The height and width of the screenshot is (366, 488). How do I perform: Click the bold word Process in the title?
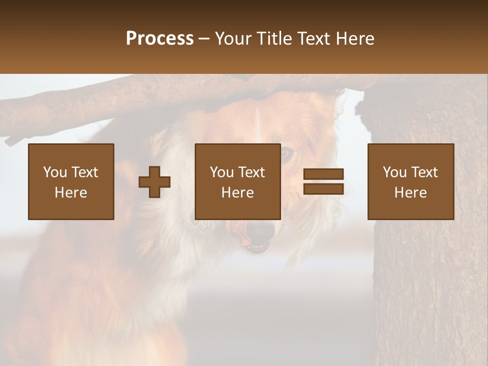[x=160, y=38]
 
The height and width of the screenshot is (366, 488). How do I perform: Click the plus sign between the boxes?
[x=155, y=182]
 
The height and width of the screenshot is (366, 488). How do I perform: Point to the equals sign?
[x=323, y=181]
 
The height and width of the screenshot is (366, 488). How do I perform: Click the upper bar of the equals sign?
[x=323, y=174]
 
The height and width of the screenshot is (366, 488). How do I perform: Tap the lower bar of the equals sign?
[x=323, y=189]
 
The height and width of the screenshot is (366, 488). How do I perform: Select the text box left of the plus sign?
[x=71, y=181]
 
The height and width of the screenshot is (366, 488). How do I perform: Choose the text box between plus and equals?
[x=237, y=181]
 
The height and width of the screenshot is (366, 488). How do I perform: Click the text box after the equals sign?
[x=410, y=181]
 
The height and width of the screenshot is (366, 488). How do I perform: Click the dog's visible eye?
[x=287, y=153]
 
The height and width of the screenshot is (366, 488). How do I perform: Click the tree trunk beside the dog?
[x=427, y=264]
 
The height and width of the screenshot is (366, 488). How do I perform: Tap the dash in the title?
[x=204, y=39]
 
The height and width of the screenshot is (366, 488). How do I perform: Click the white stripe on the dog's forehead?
[x=258, y=122]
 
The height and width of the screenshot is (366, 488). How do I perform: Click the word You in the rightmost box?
[x=394, y=172]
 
